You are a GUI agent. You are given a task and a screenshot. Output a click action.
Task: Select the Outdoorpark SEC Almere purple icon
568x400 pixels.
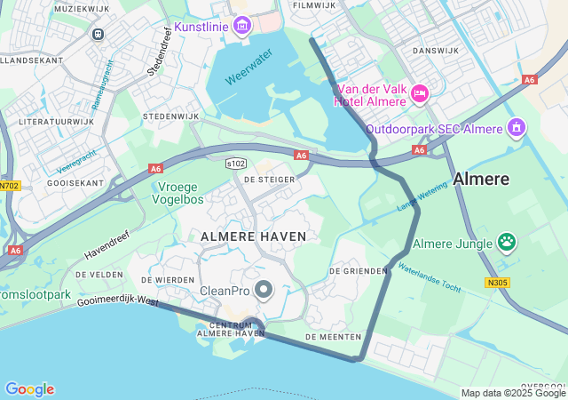(x=515, y=128)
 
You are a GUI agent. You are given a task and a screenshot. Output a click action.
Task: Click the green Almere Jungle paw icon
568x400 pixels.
(x=507, y=242)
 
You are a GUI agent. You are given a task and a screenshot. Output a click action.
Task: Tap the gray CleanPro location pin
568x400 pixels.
(x=264, y=290)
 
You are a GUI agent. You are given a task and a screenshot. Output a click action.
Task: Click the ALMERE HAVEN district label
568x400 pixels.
(x=254, y=236)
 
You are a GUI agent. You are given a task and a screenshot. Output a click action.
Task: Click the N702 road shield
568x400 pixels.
(x=9, y=186)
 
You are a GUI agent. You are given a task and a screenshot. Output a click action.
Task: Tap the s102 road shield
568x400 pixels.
(x=235, y=164)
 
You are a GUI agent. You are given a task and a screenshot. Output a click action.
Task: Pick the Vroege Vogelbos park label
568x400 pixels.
(x=181, y=193)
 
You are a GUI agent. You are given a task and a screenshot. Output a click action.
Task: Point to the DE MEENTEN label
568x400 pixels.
(x=333, y=337)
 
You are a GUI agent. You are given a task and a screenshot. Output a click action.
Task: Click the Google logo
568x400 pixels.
(x=29, y=389)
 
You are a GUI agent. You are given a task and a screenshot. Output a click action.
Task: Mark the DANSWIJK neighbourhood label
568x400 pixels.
(x=435, y=51)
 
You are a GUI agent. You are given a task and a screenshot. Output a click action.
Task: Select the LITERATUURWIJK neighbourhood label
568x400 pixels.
(x=56, y=121)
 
